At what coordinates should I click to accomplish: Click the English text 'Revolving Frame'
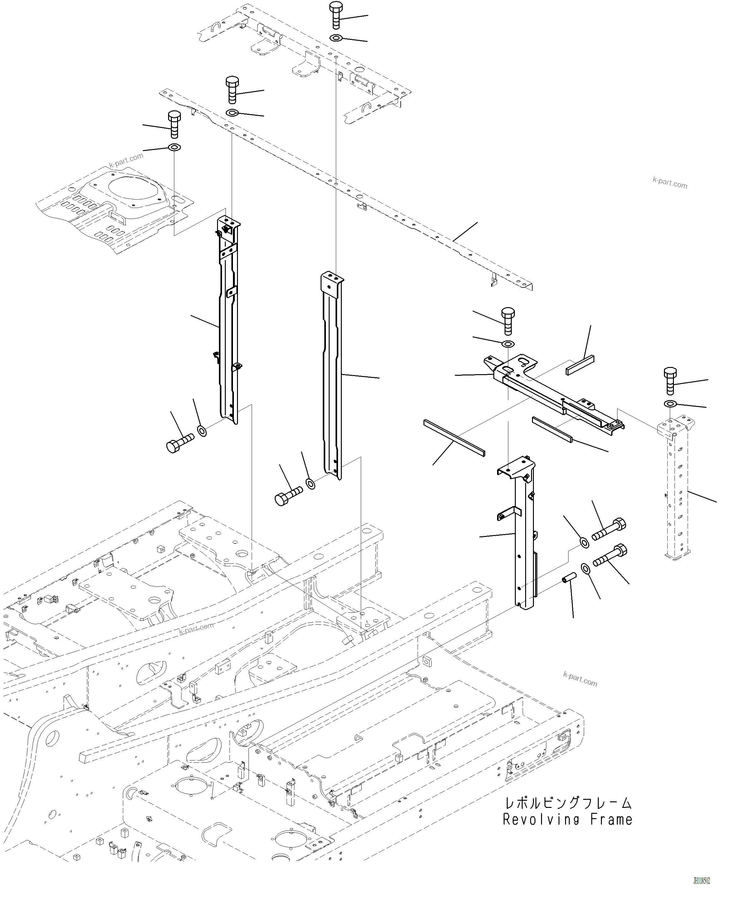pos(567,820)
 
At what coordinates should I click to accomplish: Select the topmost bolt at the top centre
pos(336,15)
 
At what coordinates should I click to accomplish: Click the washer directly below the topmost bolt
pos(336,38)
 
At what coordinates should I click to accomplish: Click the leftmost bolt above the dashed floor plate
pos(174,124)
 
